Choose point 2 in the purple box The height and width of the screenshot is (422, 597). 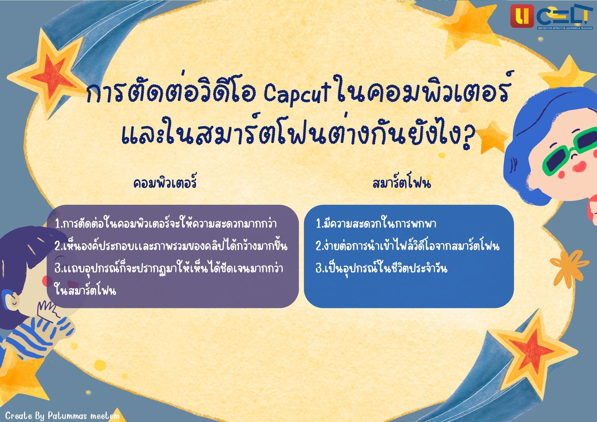pos(171,246)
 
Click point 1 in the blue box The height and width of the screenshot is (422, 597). pos(376,223)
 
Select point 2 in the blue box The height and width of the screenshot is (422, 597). pos(407,246)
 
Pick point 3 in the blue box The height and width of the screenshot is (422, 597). pos(381,268)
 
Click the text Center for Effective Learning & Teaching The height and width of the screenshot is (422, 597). pos(565,28)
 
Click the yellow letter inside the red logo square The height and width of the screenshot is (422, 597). pos(522,16)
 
